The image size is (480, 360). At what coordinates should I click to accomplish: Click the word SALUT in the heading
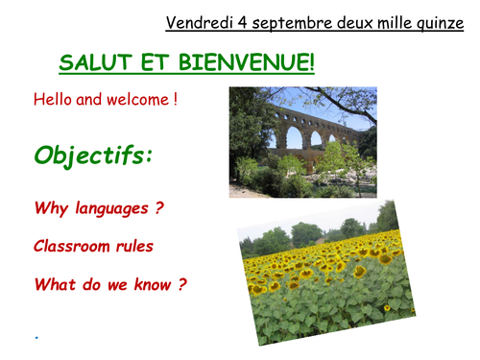click(93, 64)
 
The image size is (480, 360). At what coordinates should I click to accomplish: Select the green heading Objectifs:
click(93, 156)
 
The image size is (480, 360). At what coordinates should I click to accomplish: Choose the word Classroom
click(74, 246)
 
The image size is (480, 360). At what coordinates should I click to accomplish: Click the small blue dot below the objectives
click(36, 337)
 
